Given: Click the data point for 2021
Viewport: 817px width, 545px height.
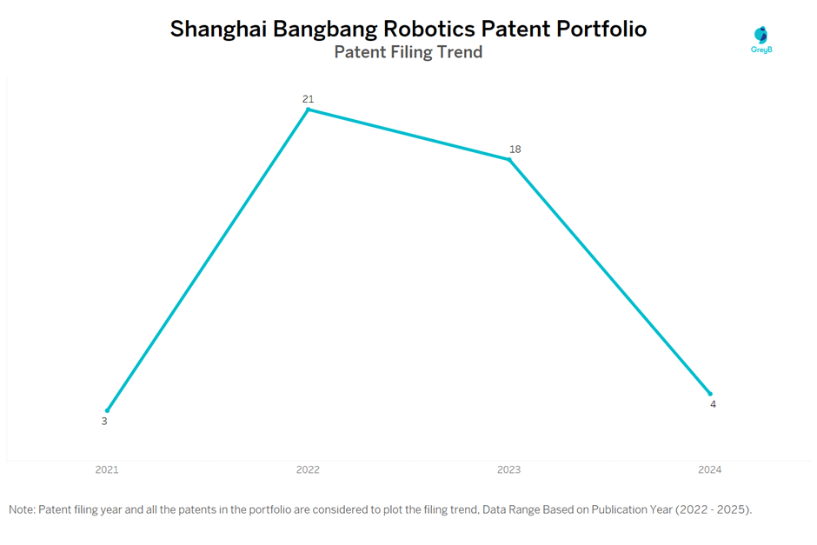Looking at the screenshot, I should (107, 410).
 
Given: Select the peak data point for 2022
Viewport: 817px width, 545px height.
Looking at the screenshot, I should (308, 110).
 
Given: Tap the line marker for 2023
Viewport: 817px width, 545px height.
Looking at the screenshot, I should (509, 160).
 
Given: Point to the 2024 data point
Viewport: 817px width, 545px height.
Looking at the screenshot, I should (710, 394).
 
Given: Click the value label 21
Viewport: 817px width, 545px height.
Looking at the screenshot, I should (308, 99).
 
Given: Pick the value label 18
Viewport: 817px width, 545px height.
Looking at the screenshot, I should (515, 150).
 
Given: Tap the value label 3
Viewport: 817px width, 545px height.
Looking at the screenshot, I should (104, 422).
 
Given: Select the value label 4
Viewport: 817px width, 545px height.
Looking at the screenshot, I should (713, 404).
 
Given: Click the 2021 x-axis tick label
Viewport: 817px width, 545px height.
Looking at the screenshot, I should (107, 470).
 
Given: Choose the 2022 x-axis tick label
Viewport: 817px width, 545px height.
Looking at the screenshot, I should (308, 470).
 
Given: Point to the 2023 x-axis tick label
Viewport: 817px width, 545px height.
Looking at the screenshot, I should (508, 470).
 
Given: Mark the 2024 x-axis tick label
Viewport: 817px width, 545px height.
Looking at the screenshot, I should (709, 470).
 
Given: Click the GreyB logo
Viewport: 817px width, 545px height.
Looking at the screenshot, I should (761, 39).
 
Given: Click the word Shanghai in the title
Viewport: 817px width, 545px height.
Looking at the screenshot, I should (218, 30).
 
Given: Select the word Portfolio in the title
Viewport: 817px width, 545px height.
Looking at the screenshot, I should (602, 29).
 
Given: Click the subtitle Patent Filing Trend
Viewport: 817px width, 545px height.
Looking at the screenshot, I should (408, 52).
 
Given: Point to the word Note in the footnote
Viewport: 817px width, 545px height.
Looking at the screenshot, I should (22, 509).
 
